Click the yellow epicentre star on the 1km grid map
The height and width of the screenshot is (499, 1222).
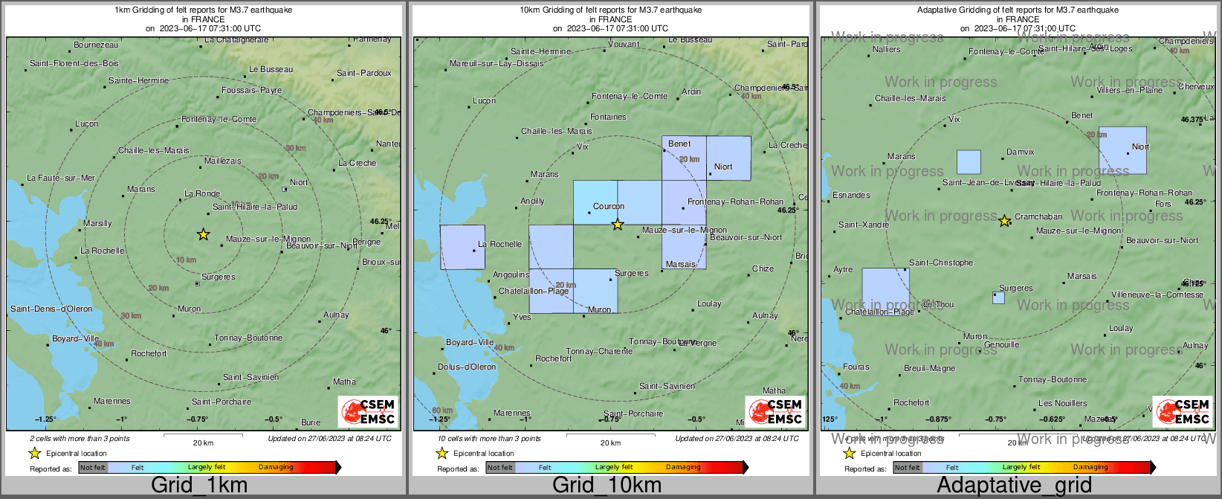203,234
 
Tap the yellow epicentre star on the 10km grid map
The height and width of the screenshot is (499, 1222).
618,224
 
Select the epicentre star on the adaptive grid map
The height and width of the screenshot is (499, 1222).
1004,221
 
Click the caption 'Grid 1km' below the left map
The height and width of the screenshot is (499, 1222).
198,486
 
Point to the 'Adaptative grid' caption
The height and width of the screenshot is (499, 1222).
1014,486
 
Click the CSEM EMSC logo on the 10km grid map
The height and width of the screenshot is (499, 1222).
775,411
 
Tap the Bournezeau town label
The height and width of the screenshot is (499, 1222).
96,45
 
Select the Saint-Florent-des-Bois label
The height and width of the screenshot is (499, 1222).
74,64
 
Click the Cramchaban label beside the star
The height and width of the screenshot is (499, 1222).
1038,217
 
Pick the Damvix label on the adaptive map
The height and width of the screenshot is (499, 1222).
1020,152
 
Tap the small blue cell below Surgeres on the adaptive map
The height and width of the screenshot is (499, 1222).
998,298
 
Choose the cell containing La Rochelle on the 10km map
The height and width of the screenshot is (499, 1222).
462,247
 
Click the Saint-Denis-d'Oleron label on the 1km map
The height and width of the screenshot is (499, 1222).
51,309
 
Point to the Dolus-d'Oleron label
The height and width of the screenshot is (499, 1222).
466,367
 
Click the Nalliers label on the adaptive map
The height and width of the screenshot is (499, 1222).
886,50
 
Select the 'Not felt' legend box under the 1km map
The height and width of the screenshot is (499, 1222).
93,468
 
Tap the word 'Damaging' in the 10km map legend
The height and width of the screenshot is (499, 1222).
682,468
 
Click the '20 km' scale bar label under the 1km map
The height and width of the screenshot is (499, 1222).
203,443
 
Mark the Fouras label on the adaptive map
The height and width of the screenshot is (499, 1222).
856,367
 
